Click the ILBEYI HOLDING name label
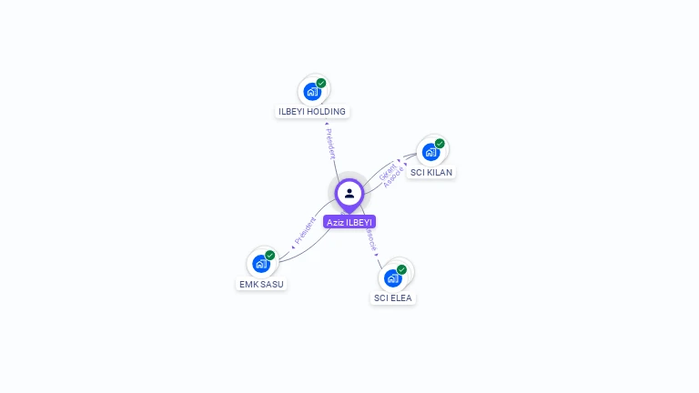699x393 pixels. point(312,112)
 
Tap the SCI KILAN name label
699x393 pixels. point(431,173)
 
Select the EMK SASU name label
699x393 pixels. point(261,285)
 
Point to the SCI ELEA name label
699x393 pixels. point(393,298)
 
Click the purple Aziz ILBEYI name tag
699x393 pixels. point(349,222)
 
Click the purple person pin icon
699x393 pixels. point(349,193)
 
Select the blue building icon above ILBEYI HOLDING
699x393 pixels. point(312,91)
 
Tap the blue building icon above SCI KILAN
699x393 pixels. point(431,152)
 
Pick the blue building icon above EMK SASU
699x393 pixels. point(261,264)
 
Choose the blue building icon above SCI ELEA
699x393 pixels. point(392,277)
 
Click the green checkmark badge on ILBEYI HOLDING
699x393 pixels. point(321,83)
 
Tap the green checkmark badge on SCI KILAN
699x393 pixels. point(440,144)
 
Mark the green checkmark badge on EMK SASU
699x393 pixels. point(270,256)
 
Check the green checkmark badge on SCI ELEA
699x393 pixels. point(401,269)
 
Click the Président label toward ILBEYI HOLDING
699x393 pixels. point(330,143)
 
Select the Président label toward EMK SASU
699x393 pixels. point(304,232)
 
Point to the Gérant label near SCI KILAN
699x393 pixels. point(387,170)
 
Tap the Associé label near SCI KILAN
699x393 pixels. point(393,177)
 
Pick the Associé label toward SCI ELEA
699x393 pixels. point(370,239)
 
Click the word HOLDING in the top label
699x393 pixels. point(326,112)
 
